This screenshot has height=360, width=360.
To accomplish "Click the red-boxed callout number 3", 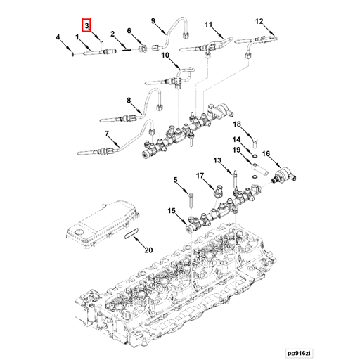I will point(86,26).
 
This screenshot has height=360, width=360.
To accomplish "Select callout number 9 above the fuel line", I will point(153,22).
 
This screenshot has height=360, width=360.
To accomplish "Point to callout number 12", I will point(259,22).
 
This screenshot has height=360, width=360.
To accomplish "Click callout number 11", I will point(208,25).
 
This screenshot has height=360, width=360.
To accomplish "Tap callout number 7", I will point(107,134).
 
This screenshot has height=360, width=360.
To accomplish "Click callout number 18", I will point(237,124).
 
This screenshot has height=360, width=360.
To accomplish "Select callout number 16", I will point(266,153).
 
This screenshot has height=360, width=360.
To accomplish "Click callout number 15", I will point(171,210).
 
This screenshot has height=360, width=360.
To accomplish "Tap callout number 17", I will point(200,175).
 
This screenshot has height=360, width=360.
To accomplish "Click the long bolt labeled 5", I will point(191,200).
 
